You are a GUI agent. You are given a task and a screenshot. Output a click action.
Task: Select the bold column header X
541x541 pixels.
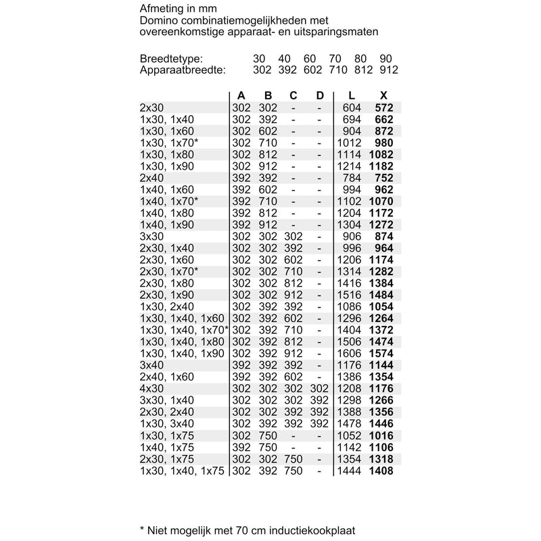[384, 95]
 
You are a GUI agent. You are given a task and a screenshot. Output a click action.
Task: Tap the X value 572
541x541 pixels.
[383, 108]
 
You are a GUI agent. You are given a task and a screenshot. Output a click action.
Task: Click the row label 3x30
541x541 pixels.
[152, 236]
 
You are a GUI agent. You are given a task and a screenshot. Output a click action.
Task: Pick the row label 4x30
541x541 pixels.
[152, 388]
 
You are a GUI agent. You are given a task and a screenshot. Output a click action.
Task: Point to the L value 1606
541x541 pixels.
[350, 353]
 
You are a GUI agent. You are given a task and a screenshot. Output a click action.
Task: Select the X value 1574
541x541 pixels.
[381, 353]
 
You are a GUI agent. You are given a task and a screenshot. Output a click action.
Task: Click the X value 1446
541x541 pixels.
[381, 423]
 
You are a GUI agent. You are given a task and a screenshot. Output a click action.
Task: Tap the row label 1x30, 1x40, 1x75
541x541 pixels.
[182, 470]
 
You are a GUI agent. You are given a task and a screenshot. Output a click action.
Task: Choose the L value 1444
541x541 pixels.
[350, 470]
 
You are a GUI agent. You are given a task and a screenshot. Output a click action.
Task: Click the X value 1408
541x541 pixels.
[381, 470]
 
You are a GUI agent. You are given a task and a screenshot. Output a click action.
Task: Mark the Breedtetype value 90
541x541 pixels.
[387, 59]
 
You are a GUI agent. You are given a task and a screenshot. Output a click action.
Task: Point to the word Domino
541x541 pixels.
[157, 20]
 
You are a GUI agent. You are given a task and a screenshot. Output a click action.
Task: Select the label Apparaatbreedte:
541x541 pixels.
[182, 70]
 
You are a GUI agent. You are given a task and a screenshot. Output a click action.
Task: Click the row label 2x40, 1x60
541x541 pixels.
[167, 376]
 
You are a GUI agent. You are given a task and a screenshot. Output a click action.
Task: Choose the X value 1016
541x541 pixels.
[381, 435]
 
